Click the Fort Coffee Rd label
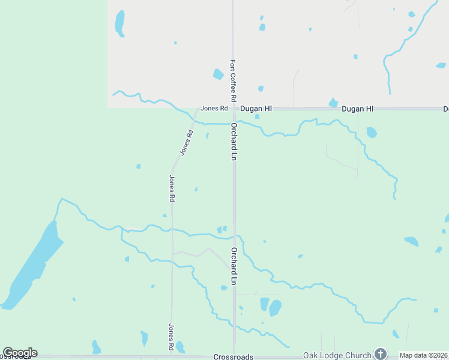(x=233, y=80)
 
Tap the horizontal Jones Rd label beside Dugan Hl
(x=214, y=109)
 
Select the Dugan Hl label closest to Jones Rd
(x=256, y=109)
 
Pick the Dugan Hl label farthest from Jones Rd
(x=358, y=109)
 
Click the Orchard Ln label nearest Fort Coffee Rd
(x=234, y=142)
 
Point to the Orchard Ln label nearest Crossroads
(x=234, y=266)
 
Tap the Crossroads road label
(x=233, y=356)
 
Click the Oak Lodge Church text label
(x=337, y=355)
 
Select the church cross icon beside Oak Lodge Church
(x=380, y=354)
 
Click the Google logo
(x=20, y=353)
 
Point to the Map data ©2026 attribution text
(x=424, y=355)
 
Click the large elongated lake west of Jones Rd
(x=33, y=264)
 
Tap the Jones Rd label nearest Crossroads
(x=171, y=337)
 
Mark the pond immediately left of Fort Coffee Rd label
(x=218, y=74)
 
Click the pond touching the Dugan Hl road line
(x=333, y=103)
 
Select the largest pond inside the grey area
(x=120, y=23)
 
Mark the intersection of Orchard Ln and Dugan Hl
(x=234, y=109)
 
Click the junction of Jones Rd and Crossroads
(x=172, y=356)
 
